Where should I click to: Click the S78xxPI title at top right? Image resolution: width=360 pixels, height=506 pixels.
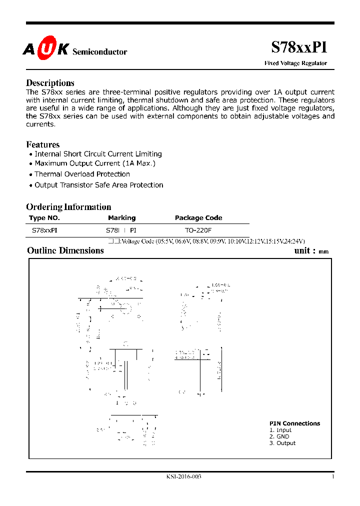click(x=299, y=47)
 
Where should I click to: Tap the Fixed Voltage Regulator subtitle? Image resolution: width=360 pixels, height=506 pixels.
click(x=295, y=63)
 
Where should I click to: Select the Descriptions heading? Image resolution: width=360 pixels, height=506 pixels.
click(x=50, y=83)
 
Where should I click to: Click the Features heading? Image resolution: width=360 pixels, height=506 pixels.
click(x=42, y=145)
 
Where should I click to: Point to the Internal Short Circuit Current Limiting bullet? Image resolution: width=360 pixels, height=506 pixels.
click(x=98, y=154)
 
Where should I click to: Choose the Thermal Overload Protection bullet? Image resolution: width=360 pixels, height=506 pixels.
click(x=82, y=174)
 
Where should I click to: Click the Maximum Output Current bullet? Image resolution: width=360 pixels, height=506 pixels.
click(x=95, y=163)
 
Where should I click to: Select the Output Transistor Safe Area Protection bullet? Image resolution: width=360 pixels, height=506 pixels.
click(x=98, y=185)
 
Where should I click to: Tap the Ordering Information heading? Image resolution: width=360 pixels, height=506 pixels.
click(x=68, y=207)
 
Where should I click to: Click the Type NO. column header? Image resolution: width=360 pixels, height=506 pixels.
click(x=44, y=218)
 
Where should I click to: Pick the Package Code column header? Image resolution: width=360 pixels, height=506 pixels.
click(x=198, y=218)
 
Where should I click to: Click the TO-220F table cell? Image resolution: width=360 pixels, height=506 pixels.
click(x=198, y=231)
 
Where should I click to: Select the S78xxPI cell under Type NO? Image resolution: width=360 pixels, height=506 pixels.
click(x=44, y=231)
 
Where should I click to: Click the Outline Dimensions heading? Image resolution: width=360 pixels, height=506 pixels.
click(x=65, y=250)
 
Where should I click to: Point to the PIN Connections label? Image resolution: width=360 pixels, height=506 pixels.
click(x=294, y=423)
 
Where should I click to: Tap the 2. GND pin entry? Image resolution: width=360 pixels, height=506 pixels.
click(x=279, y=436)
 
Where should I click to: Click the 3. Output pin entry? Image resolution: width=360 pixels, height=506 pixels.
click(x=282, y=443)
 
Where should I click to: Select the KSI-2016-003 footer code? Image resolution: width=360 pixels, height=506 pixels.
click(x=184, y=476)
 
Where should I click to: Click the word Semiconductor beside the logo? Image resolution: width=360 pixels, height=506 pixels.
click(x=100, y=52)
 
